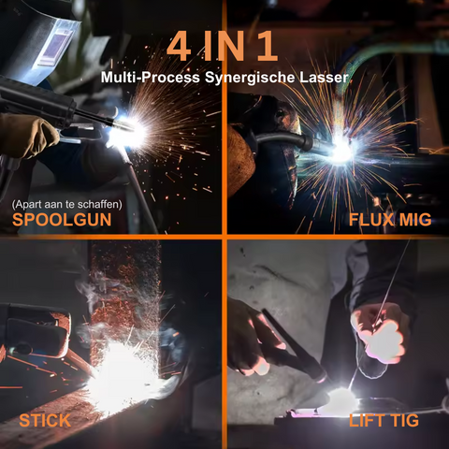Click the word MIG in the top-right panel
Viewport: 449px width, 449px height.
pos(415,221)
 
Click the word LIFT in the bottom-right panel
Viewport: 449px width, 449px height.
pos(368,420)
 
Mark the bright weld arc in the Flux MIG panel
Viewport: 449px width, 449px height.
pos(342,150)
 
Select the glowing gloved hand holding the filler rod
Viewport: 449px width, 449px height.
pos(381,332)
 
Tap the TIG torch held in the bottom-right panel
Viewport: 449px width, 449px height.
pos(290,351)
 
